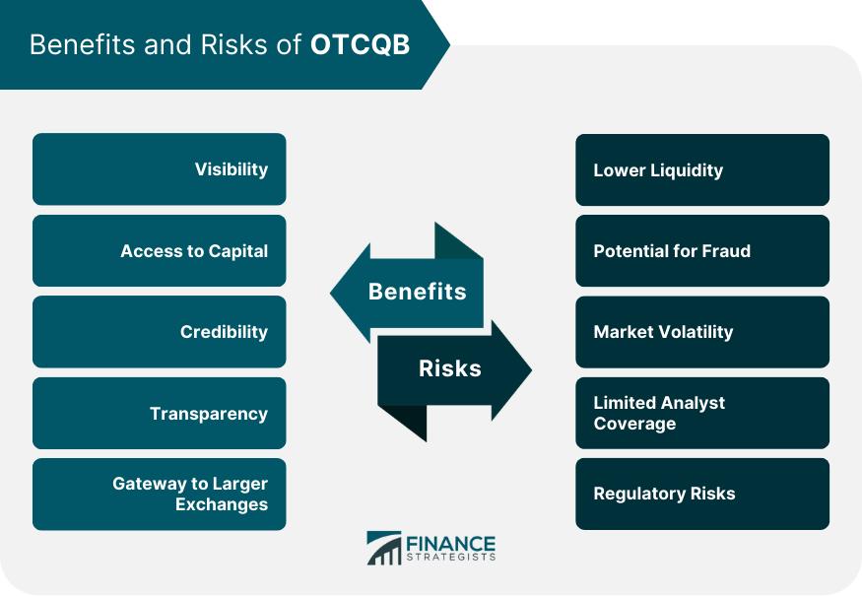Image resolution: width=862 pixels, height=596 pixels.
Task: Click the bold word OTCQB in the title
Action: pos(361,44)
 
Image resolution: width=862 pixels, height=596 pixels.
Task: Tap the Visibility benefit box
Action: pos(160,168)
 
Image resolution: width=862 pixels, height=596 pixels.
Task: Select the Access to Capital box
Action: pos(160,251)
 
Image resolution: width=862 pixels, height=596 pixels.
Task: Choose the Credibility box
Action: pos(160,332)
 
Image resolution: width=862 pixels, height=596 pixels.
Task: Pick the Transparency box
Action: pos(160,413)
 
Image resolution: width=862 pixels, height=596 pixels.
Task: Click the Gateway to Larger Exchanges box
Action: pos(160,494)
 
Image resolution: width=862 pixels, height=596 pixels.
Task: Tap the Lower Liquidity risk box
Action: pos(702,169)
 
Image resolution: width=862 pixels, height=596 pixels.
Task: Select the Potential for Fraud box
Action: pos(702,251)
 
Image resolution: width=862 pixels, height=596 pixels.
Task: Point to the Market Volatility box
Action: pos(702,332)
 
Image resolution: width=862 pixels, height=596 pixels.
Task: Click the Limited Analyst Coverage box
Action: pos(702,413)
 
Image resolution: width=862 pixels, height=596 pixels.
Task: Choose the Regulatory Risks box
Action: pos(702,494)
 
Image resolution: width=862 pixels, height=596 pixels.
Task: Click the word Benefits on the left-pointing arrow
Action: pos(418,292)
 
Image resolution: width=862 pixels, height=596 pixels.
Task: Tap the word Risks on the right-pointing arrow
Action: pos(450,368)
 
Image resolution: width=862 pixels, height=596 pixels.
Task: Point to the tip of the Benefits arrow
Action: pos(330,293)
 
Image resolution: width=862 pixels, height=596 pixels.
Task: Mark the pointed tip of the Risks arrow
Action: pos(532,370)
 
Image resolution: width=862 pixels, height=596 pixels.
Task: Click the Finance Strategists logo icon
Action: pos(384,548)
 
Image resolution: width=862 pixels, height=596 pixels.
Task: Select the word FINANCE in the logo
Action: pos(451,544)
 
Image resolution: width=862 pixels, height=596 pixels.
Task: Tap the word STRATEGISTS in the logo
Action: pos(451,558)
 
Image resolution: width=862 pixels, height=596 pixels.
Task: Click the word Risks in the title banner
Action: pos(233,44)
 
